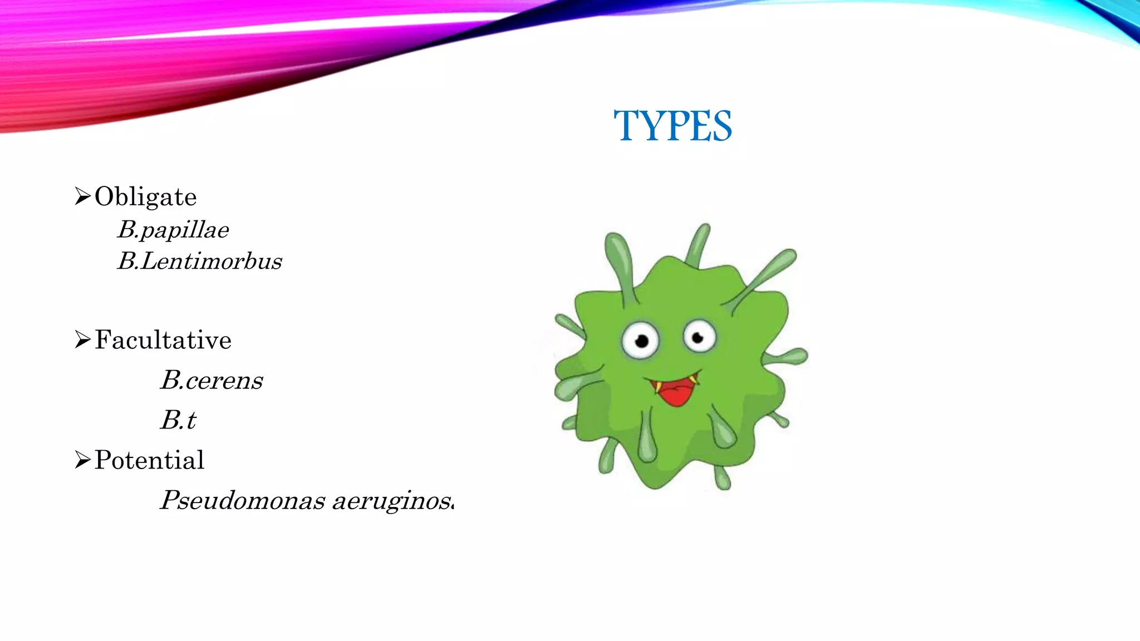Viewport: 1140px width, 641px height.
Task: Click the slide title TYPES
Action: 672,126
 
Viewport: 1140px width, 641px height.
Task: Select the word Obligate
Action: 145,197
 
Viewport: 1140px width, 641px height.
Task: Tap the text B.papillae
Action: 173,230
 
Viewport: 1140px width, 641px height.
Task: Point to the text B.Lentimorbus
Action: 199,261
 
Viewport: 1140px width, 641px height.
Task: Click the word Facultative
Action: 163,340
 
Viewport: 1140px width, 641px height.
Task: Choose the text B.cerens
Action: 212,381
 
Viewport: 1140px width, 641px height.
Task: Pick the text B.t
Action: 178,420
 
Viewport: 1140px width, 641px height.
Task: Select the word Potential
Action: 149,460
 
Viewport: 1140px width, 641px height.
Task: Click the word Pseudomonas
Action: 242,500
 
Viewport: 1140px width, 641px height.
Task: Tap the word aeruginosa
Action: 393,501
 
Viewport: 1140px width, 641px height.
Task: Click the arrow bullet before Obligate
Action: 82,196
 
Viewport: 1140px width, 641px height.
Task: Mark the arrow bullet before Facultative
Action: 82,339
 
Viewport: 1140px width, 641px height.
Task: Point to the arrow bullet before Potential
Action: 82,460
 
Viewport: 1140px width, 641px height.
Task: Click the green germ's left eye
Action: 641,340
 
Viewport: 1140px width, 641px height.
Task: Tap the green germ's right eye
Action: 699,337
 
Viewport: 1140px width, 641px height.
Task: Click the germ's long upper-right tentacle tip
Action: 788,257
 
